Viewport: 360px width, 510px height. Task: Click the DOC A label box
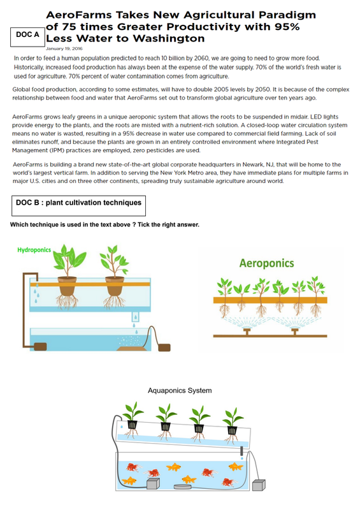tap(27, 37)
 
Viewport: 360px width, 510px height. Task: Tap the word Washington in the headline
tap(169, 38)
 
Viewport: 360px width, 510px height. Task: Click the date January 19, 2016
tap(64, 49)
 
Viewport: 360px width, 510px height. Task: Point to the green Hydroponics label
tap(34, 250)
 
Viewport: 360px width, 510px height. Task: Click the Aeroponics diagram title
tap(267, 263)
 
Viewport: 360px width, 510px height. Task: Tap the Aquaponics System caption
tap(180, 390)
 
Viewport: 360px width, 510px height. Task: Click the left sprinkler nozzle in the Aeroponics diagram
tap(247, 331)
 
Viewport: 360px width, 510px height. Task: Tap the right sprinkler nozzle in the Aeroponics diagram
tap(295, 331)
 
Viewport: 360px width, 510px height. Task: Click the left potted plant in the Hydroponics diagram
tap(68, 276)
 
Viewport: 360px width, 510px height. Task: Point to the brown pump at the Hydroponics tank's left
tap(40, 346)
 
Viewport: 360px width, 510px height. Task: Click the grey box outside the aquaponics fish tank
tap(259, 485)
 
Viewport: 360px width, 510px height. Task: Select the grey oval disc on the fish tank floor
tap(183, 486)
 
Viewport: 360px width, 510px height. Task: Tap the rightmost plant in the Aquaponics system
tap(232, 425)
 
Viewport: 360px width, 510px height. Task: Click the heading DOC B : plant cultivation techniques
tap(79, 203)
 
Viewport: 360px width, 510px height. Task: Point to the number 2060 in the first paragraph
tap(201, 59)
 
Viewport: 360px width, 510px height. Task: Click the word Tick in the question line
tap(143, 225)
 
